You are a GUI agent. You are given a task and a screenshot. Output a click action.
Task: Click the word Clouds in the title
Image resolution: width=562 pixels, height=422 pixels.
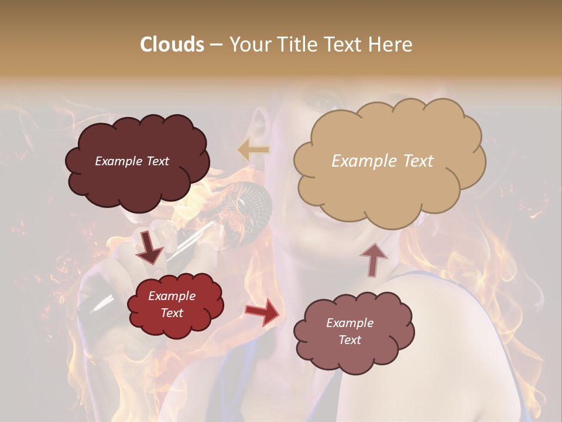point(172,45)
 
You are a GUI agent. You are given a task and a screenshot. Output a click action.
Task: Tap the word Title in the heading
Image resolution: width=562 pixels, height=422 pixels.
point(297,45)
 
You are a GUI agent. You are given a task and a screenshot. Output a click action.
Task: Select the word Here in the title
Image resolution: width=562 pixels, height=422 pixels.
point(390,45)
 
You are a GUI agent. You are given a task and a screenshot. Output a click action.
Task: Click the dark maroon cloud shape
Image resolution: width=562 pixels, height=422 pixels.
point(138,179)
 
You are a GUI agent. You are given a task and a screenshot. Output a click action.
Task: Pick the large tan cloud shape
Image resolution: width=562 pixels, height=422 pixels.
point(389,188)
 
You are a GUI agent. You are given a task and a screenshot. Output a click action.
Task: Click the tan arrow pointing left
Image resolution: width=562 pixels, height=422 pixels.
point(253,150)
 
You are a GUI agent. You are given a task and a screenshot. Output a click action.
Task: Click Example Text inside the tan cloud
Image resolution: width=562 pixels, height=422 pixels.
point(382,161)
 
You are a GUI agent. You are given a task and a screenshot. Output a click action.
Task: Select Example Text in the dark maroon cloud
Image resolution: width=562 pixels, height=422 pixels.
point(132,161)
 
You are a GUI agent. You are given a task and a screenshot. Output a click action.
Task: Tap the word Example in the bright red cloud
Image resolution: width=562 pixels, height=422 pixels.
point(172,297)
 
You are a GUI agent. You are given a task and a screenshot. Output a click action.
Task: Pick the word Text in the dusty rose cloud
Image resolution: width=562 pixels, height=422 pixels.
point(349,340)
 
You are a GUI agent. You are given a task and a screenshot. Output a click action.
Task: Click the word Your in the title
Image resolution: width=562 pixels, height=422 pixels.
point(251,45)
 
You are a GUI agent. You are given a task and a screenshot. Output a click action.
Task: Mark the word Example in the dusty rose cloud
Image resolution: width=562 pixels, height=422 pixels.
point(349,323)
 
